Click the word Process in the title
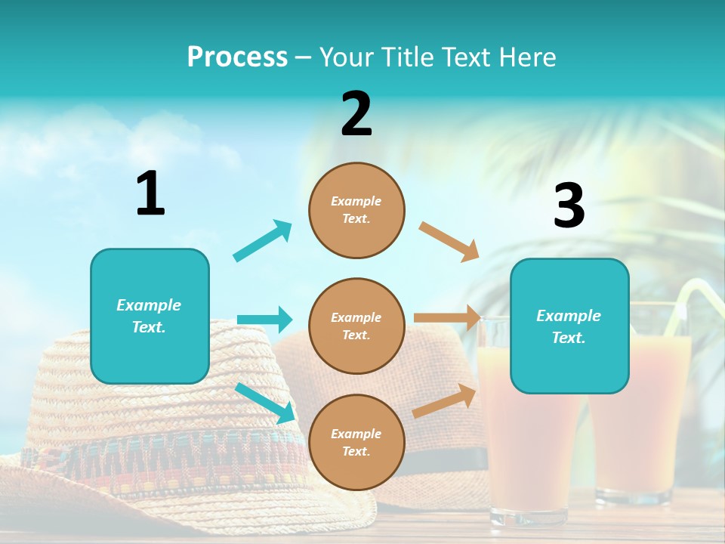coord(237,57)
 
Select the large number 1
coord(150,193)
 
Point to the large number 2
coord(356,114)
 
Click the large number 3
coord(569,206)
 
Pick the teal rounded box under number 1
coord(150,316)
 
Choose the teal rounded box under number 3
coord(569,326)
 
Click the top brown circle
coord(356,210)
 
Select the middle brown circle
coord(356,326)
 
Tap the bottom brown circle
coord(356,442)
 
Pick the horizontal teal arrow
coord(264,320)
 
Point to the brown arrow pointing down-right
coord(449,241)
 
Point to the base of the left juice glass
coord(528,517)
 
